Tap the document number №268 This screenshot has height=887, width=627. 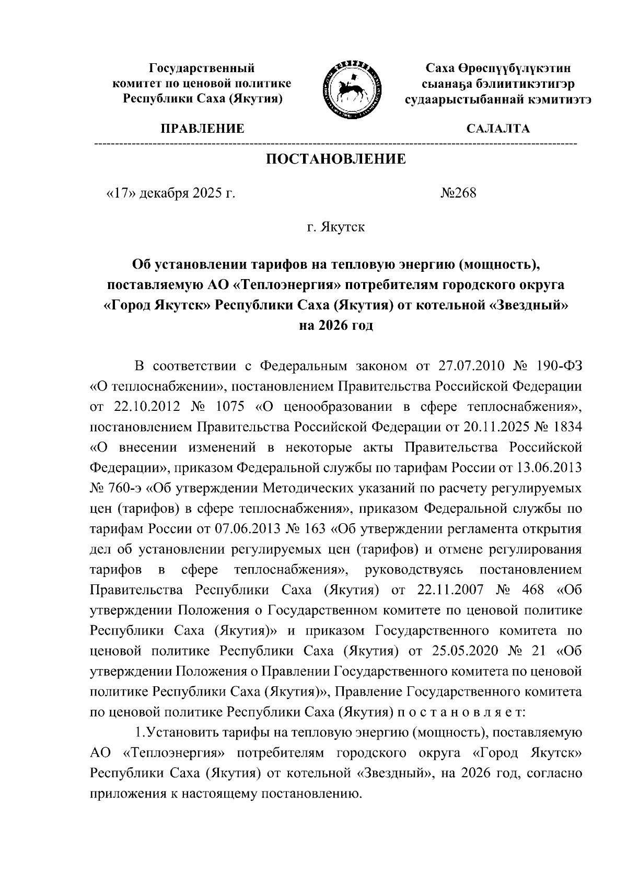[458, 193]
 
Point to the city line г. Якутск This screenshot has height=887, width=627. [336, 227]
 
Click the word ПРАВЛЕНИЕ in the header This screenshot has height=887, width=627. [202, 129]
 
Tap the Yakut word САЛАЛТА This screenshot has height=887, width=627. [498, 129]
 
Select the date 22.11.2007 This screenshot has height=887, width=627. [446, 590]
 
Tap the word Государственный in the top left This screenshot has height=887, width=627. [202, 68]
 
